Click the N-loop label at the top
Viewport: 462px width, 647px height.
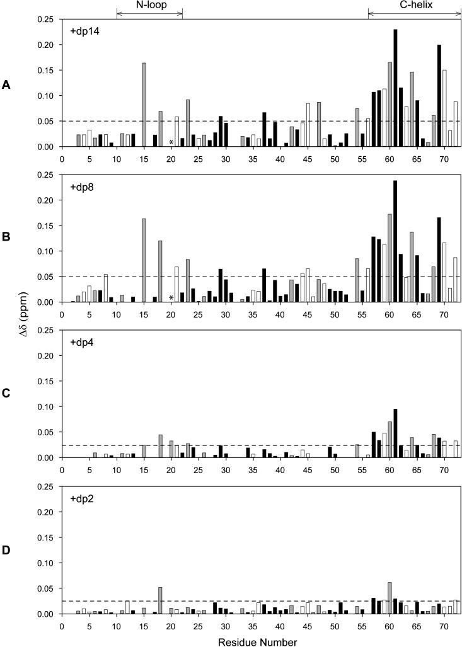[149, 5]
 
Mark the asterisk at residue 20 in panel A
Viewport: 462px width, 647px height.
[171, 143]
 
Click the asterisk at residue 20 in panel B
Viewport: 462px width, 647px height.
[171, 299]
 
